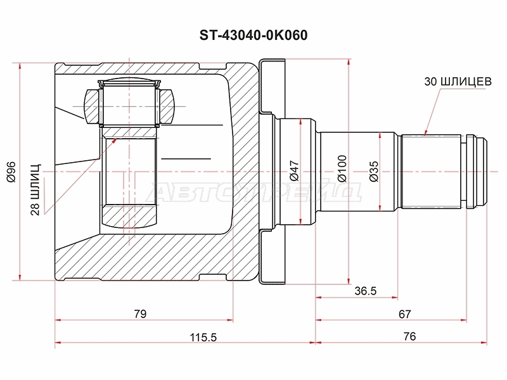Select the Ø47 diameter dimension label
(295, 171)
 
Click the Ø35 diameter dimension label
(374, 171)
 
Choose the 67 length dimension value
(405, 313)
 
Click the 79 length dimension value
(141, 313)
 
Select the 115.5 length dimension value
(203, 337)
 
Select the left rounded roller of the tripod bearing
(91, 105)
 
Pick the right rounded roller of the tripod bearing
(167, 105)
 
